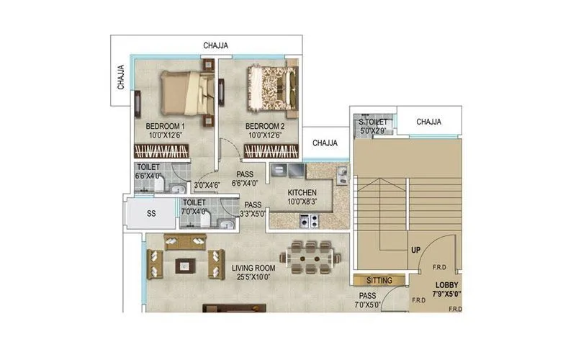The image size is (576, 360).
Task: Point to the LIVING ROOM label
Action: pos(253,268)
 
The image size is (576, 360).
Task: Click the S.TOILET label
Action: pos(373,122)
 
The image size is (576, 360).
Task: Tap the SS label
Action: pos(150,215)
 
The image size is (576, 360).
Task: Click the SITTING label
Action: pos(379,280)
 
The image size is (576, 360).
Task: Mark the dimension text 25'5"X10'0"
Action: pos(253,277)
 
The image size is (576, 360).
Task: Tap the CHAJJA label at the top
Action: pos(215,45)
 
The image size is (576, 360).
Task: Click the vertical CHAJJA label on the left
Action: pos(121,78)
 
